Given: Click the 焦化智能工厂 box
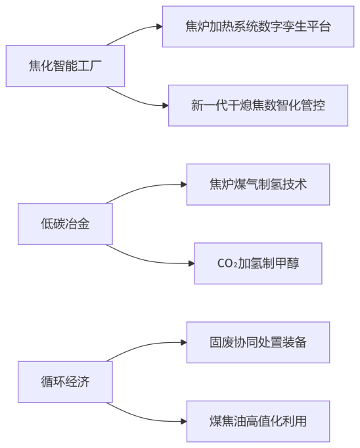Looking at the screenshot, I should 65,66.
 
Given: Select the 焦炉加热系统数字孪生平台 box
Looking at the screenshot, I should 258,27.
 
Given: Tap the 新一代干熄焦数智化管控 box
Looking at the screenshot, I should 258,105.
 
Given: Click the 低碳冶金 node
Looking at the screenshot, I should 65,224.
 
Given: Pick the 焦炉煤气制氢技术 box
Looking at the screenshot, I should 258,185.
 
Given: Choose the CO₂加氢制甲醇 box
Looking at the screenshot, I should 258,263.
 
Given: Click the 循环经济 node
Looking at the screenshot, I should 65,382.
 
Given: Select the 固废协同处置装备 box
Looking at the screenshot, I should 258,342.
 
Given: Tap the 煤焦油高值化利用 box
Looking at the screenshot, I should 258,421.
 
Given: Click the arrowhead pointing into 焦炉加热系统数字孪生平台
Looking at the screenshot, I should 159,27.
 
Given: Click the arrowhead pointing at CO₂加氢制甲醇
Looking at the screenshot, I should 191,263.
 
